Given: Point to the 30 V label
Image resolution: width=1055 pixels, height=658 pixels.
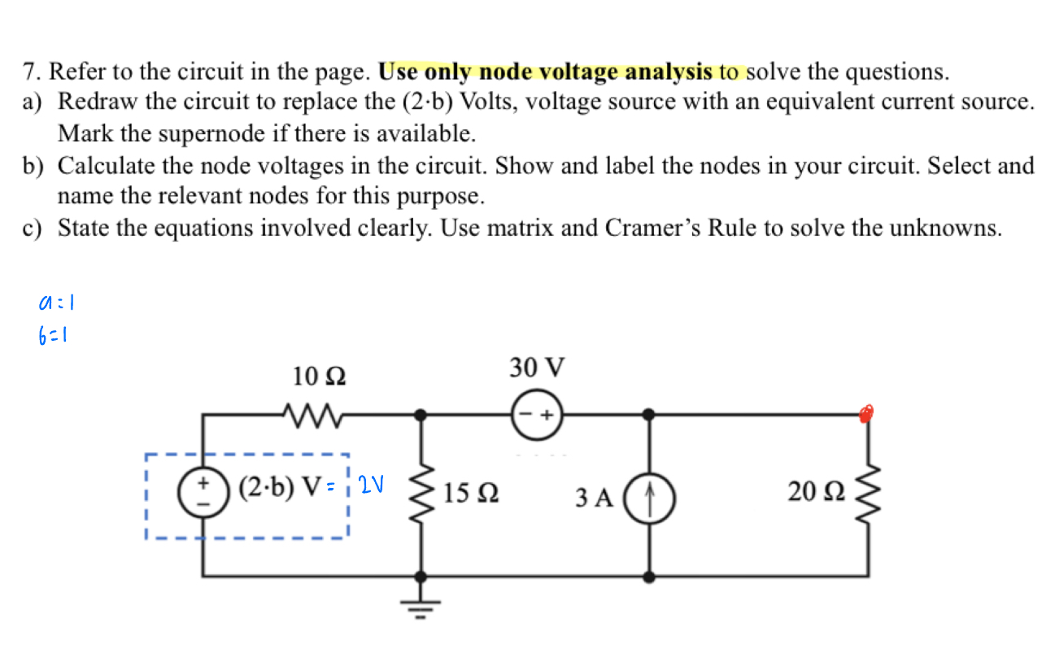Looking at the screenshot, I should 537,368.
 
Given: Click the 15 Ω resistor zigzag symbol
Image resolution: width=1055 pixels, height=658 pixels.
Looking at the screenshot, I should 421,492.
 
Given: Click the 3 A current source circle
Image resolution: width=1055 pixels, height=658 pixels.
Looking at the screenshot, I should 648,495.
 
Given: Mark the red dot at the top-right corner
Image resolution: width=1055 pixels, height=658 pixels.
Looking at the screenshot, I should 867,413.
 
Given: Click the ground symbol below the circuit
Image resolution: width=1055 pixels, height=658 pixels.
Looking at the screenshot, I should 421,604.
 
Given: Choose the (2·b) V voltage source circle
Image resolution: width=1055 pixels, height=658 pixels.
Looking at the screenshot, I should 201,492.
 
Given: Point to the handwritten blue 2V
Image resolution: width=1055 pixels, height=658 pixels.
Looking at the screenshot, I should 371,486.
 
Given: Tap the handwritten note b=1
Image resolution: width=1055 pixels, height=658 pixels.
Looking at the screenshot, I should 54,333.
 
